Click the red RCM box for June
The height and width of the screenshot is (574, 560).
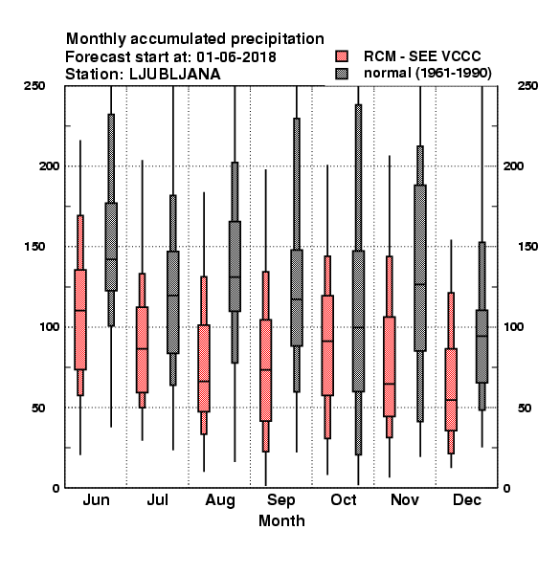(80, 320)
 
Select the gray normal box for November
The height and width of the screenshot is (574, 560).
(420, 268)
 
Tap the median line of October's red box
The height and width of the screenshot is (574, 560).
(327, 342)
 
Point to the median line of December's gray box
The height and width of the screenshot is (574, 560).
(482, 336)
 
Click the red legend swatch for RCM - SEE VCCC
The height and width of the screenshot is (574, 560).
(342, 56)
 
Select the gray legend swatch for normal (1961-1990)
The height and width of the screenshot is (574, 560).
(342, 74)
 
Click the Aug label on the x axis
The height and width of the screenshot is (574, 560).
(220, 500)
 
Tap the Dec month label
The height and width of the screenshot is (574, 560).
(466, 499)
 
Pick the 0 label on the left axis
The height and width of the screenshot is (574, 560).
(56, 488)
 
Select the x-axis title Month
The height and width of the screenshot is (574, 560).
(281, 520)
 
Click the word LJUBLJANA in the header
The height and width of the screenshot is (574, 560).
(175, 75)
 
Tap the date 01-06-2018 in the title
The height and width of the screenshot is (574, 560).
(236, 57)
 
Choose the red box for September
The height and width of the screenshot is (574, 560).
(265, 370)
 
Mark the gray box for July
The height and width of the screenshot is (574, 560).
(173, 302)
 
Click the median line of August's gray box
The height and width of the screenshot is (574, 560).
(235, 277)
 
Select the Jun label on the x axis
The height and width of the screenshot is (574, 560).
(96, 499)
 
